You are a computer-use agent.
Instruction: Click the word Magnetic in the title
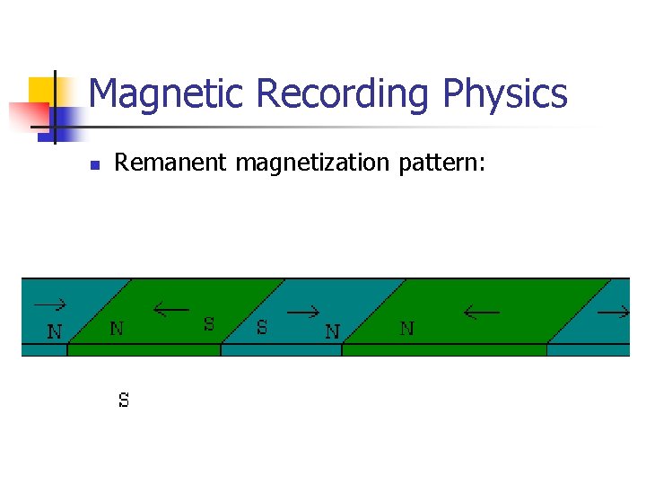[x=167, y=94]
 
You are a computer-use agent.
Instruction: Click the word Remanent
[x=171, y=163]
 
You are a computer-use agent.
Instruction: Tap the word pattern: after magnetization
[x=446, y=163]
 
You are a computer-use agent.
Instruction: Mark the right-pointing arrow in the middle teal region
[x=304, y=313]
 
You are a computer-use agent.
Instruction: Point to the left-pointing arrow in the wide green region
[x=482, y=313]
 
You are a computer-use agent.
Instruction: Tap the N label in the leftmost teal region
[x=55, y=331]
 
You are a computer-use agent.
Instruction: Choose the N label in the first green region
[x=117, y=329]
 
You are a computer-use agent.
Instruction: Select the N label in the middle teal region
[x=332, y=331]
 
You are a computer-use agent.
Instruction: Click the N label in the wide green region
[x=406, y=329]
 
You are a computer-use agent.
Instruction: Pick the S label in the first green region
[x=209, y=324]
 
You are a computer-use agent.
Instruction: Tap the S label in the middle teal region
[x=262, y=328]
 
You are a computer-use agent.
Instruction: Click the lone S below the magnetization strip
[x=124, y=401]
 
